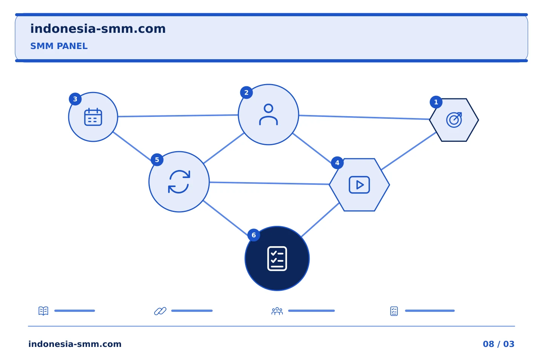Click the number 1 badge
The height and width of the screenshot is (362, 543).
point(436,102)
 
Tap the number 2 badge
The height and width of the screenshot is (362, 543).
point(246,93)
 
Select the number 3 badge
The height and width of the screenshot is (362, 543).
point(75,99)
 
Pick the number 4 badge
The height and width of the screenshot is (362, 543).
point(337,163)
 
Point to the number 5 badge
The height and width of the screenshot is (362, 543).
point(157,160)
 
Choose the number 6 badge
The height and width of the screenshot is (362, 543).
point(254,235)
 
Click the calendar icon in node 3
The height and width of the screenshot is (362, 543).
point(93,117)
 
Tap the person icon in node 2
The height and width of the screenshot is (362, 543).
point(268,114)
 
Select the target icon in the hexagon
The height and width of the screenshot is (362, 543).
point(454,120)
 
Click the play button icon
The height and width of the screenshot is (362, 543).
point(359,185)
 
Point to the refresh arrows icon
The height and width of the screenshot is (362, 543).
point(179,182)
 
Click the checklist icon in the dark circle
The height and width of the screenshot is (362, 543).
point(277,258)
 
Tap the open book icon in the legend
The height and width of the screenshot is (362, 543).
point(43,311)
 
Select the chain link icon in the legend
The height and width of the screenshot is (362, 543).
point(160,311)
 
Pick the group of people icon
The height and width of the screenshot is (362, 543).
point(277,311)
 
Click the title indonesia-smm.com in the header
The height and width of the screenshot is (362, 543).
point(98,29)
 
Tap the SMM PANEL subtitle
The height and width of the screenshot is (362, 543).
point(59,46)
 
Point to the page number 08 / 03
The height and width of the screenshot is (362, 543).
point(499,344)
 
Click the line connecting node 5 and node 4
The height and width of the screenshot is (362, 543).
point(269,183)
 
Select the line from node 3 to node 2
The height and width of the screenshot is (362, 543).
point(178,116)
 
